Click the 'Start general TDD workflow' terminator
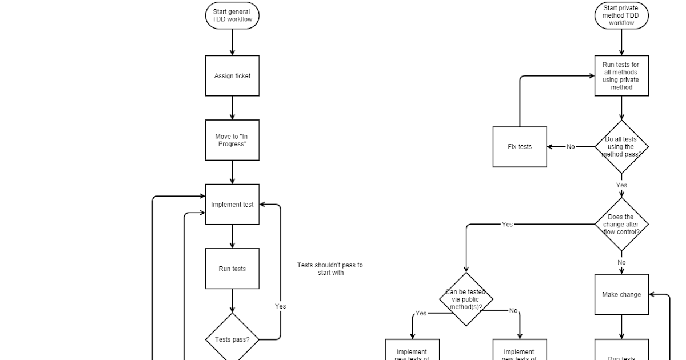pos(232,16)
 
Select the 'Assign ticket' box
pos(232,76)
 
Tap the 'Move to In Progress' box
pos(232,140)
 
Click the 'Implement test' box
pos(232,205)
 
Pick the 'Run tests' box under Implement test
pos(232,269)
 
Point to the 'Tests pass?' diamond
pos(232,339)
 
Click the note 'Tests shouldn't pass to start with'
pos(330,269)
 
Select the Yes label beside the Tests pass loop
pos(280,306)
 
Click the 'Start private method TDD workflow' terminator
pos(621,16)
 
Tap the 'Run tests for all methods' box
pos(621,76)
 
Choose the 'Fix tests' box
pos(520,147)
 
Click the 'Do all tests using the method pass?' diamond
pos(621,147)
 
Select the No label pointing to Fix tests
pos(571,147)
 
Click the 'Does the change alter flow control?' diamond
pos(621,225)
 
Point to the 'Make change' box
pos(621,294)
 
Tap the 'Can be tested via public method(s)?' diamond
pos(466,299)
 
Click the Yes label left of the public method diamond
pos(421,313)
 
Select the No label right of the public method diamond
pos(513,311)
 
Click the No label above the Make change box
pos(621,263)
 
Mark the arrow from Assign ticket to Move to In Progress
pos(232,108)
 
